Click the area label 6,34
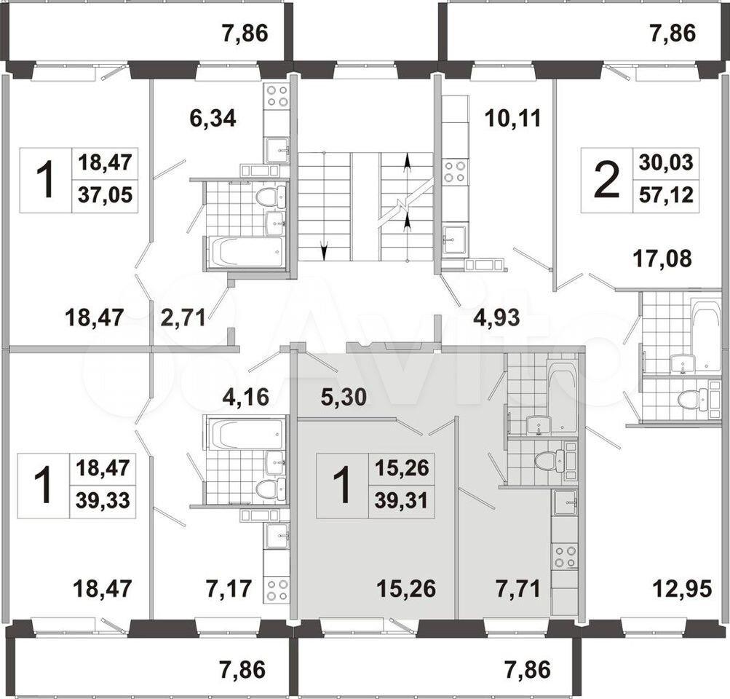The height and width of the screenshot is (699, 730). click(x=213, y=118)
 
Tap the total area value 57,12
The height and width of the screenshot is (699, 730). click(x=666, y=195)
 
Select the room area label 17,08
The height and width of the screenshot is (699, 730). click(x=662, y=258)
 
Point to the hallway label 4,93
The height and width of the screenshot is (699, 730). click(x=496, y=318)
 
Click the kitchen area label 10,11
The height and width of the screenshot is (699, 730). click(x=512, y=118)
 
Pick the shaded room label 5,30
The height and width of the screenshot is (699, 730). click(x=344, y=398)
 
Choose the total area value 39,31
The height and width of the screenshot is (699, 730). click(x=401, y=501)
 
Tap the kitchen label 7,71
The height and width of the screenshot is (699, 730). click(x=517, y=589)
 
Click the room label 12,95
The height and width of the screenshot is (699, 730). click(x=682, y=589)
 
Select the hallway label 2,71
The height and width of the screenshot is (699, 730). click(x=183, y=318)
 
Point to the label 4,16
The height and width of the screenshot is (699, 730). click(x=246, y=398)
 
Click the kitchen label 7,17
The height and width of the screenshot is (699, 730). click(x=229, y=589)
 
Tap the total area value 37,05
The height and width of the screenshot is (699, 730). click(x=105, y=195)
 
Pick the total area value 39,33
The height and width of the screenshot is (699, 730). click(x=103, y=500)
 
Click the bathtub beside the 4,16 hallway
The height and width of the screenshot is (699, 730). click(x=245, y=434)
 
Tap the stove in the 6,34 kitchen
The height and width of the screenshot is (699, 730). click(x=277, y=96)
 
